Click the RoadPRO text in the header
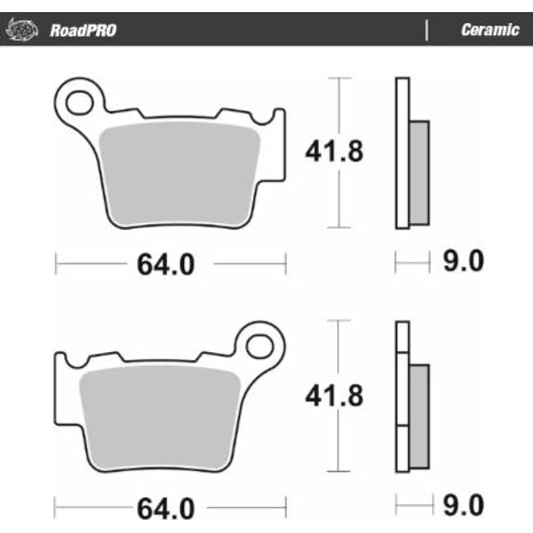click(83, 30)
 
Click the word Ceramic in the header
click(490, 30)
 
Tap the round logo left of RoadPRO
click(22, 29)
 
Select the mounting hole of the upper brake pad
click(79, 102)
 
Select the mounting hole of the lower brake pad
click(260, 346)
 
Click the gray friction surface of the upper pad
click(180, 174)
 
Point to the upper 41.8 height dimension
click(334, 151)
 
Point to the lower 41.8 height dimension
click(334, 395)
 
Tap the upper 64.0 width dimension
click(166, 264)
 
